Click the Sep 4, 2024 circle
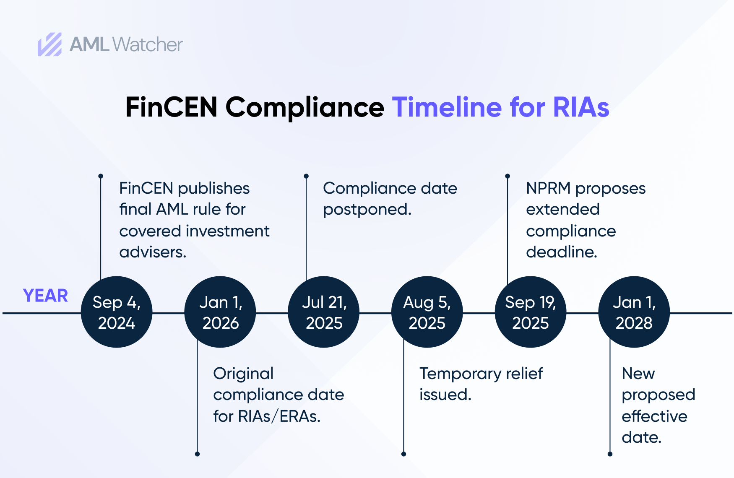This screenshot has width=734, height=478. pyautogui.click(x=117, y=312)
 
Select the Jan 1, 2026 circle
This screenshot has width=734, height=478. pyautogui.click(x=220, y=312)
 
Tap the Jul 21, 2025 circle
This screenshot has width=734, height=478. pyautogui.click(x=324, y=312)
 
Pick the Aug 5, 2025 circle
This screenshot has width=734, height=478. pyautogui.click(x=427, y=312)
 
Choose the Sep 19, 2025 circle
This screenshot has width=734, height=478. pyautogui.click(x=531, y=312)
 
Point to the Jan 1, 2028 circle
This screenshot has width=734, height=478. pyautogui.click(x=634, y=312)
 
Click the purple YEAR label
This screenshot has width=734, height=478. pyautogui.click(x=45, y=296)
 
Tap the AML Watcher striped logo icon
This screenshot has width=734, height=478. pyautogui.click(x=50, y=44)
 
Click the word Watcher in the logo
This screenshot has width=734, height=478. pyautogui.click(x=148, y=44)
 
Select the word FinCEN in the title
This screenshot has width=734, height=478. pyautogui.click(x=171, y=107)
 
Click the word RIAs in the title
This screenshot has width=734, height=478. pyautogui.click(x=581, y=107)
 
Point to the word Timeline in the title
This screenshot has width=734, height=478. pyautogui.click(x=447, y=107)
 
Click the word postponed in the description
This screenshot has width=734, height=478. pyautogui.click(x=367, y=210)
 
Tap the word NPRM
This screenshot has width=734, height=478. pyautogui.click(x=548, y=188)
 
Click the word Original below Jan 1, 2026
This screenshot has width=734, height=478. pyautogui.click(x=243, y=374)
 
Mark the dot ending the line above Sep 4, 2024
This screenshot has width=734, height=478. pyautogui.click(x=101, y=176)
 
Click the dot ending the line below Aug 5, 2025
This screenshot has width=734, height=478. pyautogui.click(x=403, y=454)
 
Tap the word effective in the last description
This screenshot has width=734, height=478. pyautogui.click(x=654, y=416)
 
